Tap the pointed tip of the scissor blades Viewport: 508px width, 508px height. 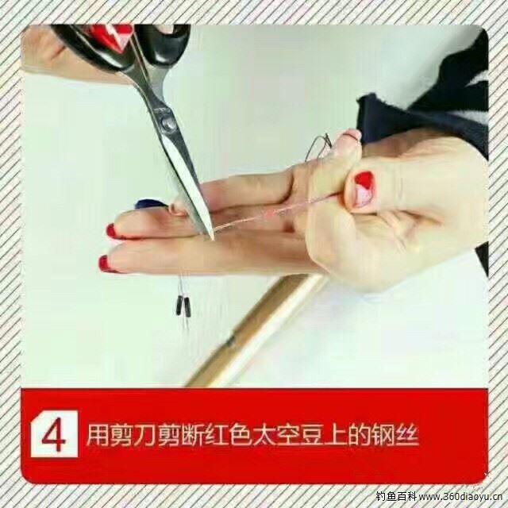[x=212, y=239]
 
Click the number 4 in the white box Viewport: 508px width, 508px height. [x=54, y=434]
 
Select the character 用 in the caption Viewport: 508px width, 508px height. [x=98, y=435]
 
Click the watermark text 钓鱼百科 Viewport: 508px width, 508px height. [x=395, y=496]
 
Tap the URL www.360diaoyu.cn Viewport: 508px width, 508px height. [x=460, y=496]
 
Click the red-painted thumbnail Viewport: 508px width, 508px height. [x=364, y=189]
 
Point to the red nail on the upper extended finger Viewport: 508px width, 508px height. [x=111, y=231]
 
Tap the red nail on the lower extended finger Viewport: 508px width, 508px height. [x=105, y=263]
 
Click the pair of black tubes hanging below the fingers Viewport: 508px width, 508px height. [x=182, y=306]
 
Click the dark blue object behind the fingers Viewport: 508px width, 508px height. [x=148, y=205]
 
